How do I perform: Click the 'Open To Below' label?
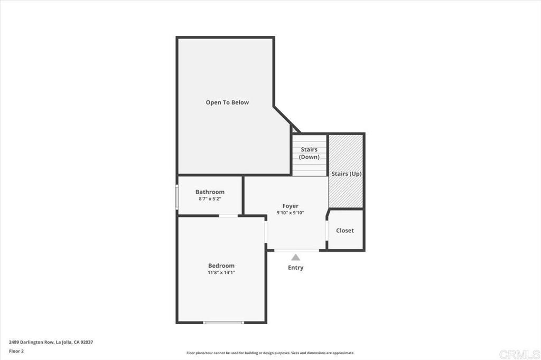[x=227, y=102]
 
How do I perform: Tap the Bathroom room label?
[x=210, y=192]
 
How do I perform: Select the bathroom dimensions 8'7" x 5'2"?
[x=210, y=199]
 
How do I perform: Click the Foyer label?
[x=290, y=206]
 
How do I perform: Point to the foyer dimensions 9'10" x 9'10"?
[x=290, y=213]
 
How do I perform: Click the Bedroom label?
[x=221, y=266]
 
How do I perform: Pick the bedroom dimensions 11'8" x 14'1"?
[x=221, y=272]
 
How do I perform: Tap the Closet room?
[x=345, y=230]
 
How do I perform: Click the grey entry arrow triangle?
[x=296, y=257]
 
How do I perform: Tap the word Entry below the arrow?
[x=296, y=268]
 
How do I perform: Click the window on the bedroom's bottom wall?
[x=224, y=322]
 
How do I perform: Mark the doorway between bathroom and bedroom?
[x=228, y=215]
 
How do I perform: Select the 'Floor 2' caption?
[x=16, y=350]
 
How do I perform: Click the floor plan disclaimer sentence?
[x=270, y=353]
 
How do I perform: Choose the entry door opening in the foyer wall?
[x=296, y=250]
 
